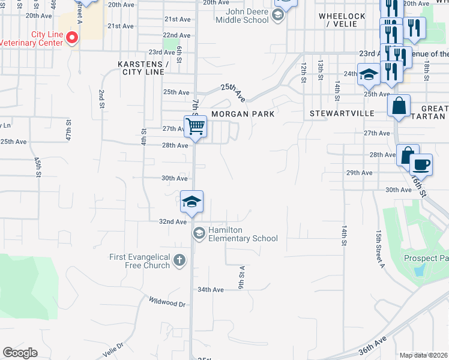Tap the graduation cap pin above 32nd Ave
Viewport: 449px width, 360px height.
click(x=191, y=202)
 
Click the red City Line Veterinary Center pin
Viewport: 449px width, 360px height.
click(x=72, y=38)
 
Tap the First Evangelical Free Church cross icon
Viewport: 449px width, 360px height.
click(x=179, y=260)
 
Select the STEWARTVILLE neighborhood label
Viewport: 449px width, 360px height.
click(x=342, y=113)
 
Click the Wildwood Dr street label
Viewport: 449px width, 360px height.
click(x=167, y=302)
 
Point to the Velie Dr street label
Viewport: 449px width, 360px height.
click(x=112, y=347)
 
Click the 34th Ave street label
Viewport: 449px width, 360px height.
click(x=211, y=289)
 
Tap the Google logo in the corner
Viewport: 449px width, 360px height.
click(x=20, y=353)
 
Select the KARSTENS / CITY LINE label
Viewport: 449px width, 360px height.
click(x=143, y=67)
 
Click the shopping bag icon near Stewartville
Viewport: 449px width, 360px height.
click(x=399, y=107)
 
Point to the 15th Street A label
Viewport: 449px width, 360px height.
click(x=379, y=246)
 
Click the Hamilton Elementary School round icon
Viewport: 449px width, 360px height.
click(x=198, y=232)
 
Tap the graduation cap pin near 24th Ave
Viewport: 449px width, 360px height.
click(x=369, y=75)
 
